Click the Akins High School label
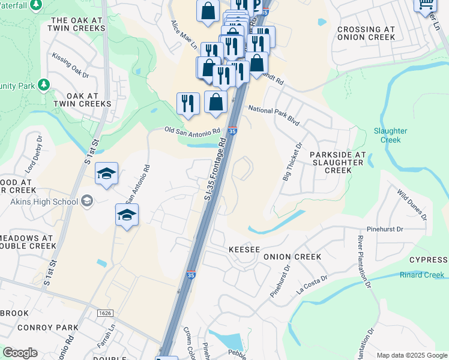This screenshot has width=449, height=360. coord(44,201)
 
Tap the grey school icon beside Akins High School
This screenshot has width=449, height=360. coord(88,201)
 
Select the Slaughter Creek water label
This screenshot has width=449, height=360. coord(390,135)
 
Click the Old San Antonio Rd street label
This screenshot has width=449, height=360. coord(193,130)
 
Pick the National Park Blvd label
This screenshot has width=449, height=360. coord(274,115)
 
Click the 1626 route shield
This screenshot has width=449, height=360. coord(104,313)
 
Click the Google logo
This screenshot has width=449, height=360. coord(20,353)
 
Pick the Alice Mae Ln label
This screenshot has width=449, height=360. coord(184,34)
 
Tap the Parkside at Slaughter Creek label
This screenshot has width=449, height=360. coord(338,162)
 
